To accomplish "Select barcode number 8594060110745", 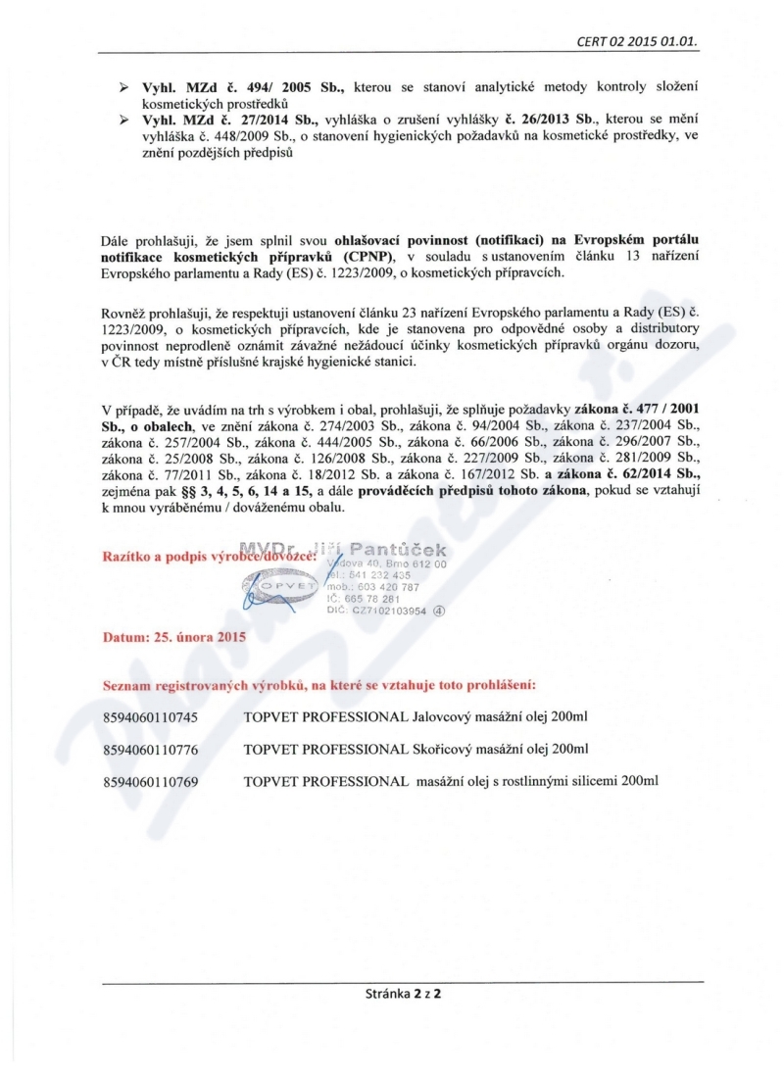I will coord(150,718).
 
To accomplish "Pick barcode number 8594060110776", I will coord(150,750).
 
